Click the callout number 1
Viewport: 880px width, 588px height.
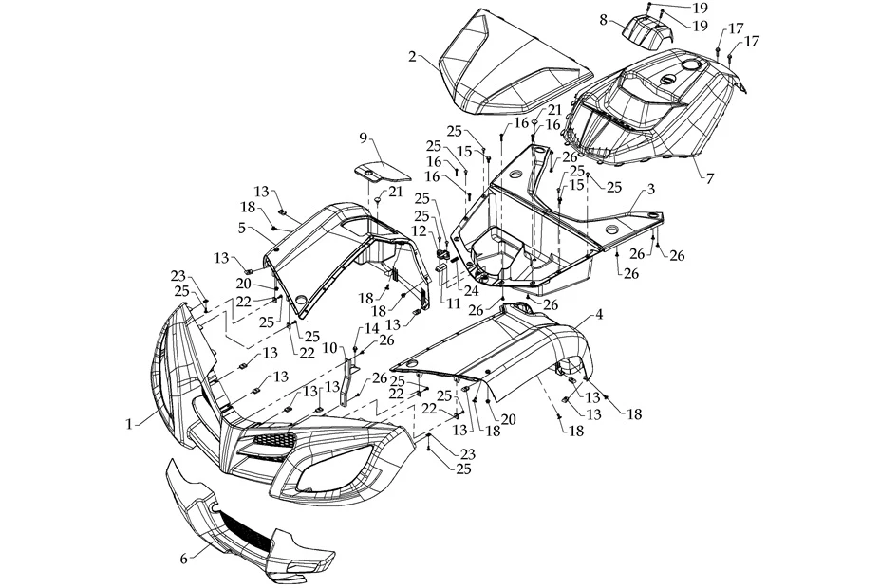coord(129,424)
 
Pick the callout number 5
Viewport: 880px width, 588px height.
coord(242,228)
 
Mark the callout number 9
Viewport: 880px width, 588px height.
coord(363,138)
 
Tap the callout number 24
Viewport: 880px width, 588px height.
coord(472,291)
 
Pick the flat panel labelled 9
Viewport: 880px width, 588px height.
coord(377,172)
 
